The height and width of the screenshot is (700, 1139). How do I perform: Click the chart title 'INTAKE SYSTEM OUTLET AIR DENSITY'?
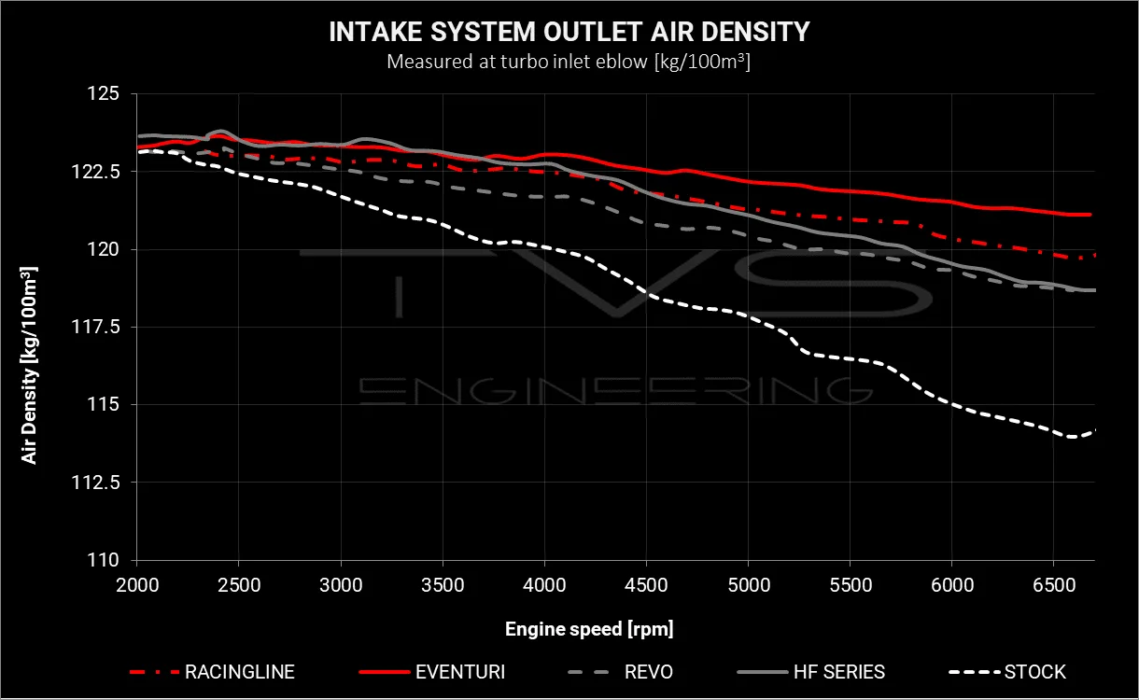point(569,32)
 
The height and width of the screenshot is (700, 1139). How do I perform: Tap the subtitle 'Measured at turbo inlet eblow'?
point(517,62)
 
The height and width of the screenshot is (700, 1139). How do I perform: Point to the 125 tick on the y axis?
point(104,93)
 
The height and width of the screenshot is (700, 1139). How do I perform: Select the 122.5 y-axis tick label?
point(95,172)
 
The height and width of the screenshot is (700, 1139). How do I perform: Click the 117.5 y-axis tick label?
point(95,327)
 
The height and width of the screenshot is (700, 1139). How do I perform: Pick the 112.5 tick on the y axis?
point(95,482)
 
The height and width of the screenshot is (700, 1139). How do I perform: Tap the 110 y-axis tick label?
point(104,560)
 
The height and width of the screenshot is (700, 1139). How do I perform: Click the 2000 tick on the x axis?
point(137,585)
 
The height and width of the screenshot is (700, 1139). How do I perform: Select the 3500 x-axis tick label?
point(443,585)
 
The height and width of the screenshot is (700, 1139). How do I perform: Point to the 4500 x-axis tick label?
point(646,585)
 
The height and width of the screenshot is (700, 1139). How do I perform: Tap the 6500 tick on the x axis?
point(1054,585)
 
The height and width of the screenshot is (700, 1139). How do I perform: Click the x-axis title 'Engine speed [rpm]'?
point(589,629)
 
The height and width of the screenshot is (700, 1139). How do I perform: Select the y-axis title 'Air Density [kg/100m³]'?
point(29,366)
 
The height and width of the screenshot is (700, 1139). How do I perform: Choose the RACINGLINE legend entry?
point(212,672)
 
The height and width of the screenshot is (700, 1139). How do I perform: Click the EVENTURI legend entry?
point(432,672)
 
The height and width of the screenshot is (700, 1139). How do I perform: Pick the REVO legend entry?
point(620,672)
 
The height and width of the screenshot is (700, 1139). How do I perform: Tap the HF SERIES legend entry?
point(811,672)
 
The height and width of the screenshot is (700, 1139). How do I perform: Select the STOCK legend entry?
point(1007,672)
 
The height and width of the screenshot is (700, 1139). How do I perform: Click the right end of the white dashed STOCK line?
point(1095,430)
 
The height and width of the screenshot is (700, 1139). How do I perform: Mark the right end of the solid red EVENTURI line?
point(1091,215)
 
